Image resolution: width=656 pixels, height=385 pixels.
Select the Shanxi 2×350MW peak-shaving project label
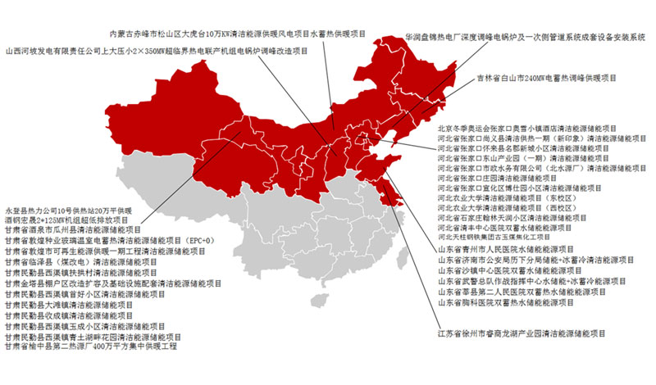[156, 52]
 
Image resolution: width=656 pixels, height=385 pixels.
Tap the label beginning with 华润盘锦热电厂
[526, 38]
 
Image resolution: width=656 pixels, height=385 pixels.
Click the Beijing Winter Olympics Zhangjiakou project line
[537, 129]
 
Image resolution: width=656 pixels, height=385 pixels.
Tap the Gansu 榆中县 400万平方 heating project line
[91, 346]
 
